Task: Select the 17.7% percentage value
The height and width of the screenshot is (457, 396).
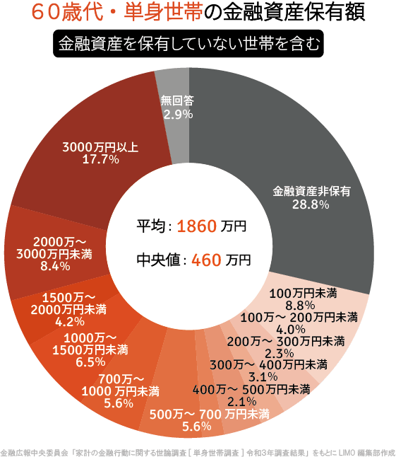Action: click(101, 160)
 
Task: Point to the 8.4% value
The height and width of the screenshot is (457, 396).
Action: click(55, 266)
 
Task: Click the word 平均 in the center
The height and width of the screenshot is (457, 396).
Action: click(150, 227)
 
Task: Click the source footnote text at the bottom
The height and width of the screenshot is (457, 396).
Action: click(198, 450)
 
